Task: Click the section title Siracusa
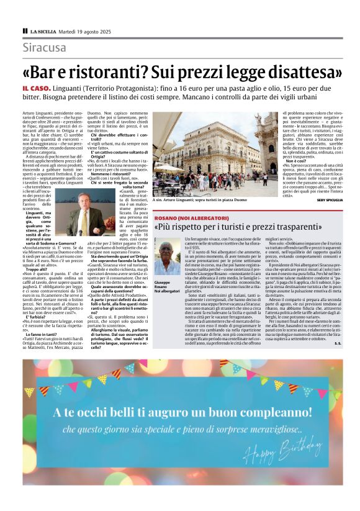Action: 44,48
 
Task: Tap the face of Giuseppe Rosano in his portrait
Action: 166,251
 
